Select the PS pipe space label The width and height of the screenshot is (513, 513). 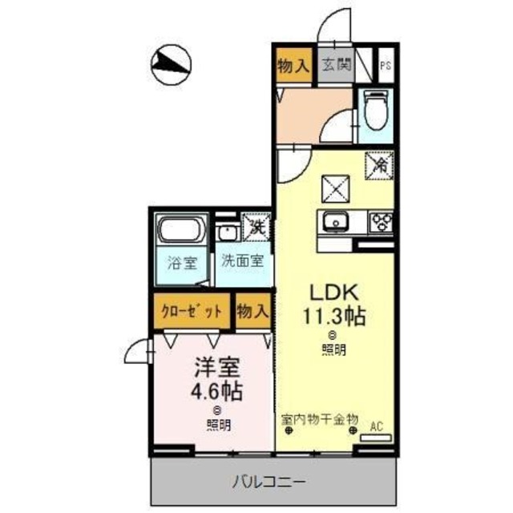click(386, 66)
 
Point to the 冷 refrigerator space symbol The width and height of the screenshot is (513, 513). click(379, 167)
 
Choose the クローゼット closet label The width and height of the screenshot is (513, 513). click(191, 312)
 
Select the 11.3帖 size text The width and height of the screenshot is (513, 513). click(333, 317)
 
